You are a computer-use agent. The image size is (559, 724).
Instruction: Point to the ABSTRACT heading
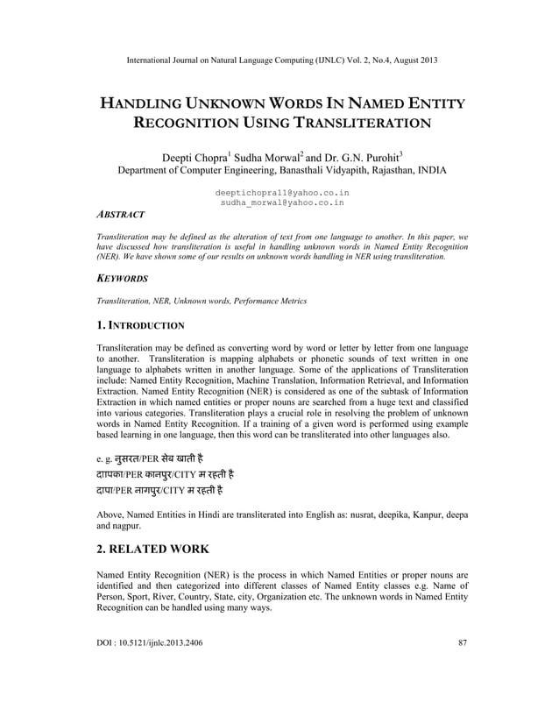tap(120, 214)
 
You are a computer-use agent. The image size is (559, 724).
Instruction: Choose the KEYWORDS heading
tap(122, 278)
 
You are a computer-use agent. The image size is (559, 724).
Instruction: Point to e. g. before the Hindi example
tap(106, 458)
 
